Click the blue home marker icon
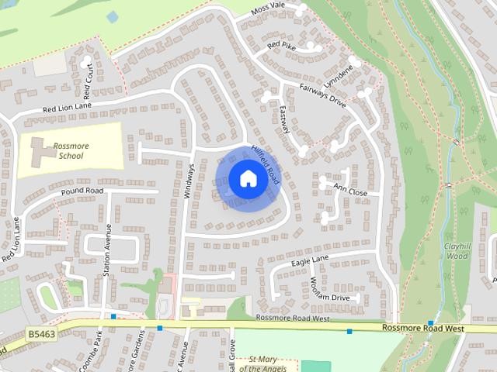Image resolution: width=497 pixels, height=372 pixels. point(247,179)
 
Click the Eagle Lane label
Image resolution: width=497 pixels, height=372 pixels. point(310,260)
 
